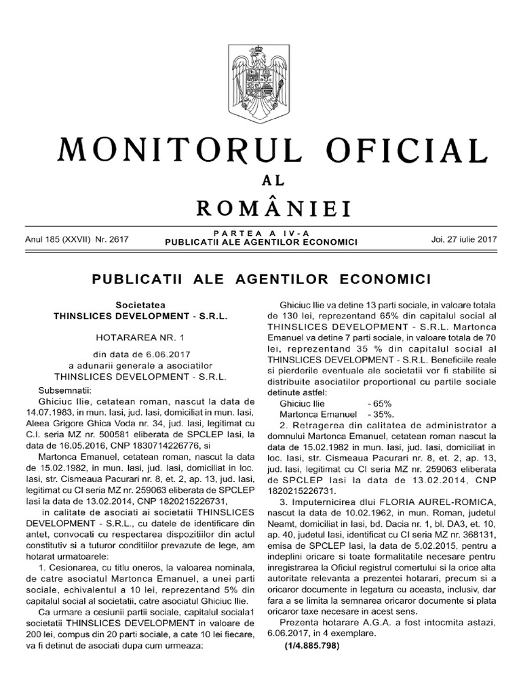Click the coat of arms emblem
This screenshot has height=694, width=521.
[x=260, y=75]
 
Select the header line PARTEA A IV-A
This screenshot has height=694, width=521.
[x=261, y=232]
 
